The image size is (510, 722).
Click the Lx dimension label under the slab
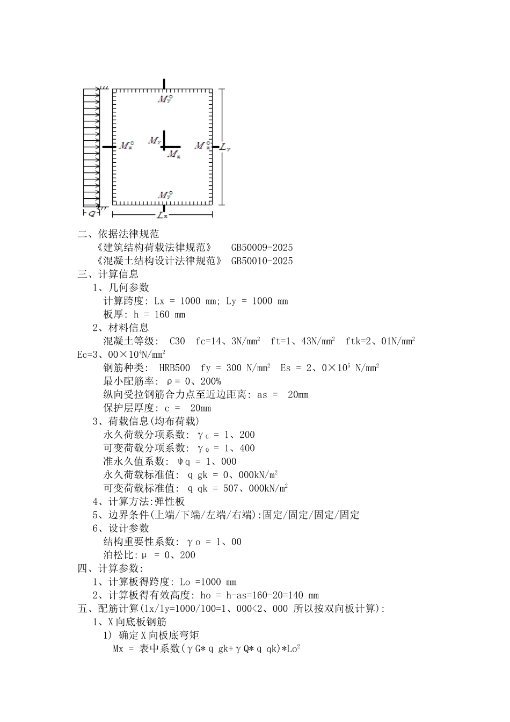[x=162, y=215]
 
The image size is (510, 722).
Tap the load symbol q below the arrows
[x=92, y=213]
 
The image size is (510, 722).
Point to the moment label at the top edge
[x=165, y=99]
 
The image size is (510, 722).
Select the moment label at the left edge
[x=127, y=146]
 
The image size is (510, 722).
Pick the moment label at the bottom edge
[x=165, y=194]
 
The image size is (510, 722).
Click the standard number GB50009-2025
[x=262, y=248]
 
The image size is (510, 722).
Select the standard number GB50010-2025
[x=262, y=261]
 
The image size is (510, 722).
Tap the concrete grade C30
[x=177, y=341]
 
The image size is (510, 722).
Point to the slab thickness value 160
[x=162, y=315]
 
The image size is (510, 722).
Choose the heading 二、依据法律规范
[x=118, y=234]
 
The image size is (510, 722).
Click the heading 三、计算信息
[x=108, y=275]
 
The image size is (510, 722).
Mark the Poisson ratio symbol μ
[x=144, y=555]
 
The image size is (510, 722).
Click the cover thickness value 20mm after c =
[x=200, y=408]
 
